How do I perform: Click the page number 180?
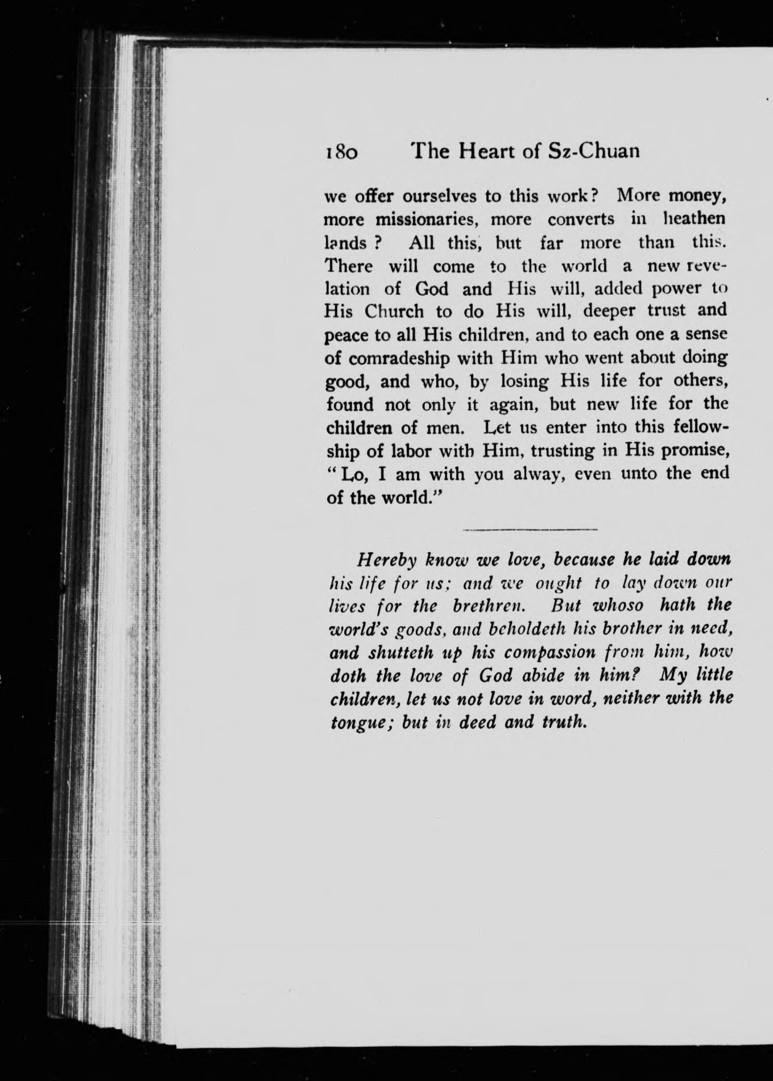tap(341, 152)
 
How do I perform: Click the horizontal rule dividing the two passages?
tap(530, 529)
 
